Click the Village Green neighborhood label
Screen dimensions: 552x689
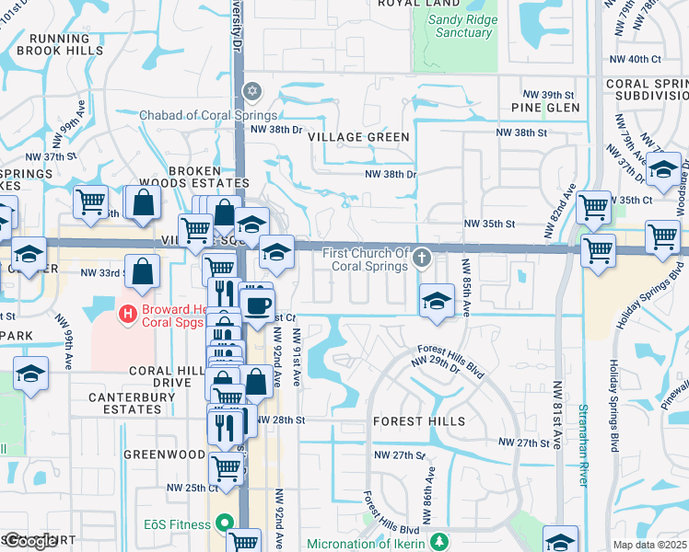[x=358, y=137]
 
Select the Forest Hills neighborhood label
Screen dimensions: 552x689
[x=413, y=420]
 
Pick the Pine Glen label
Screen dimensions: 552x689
[x=546, y=108]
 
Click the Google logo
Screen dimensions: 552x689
[x=29, y=541]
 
